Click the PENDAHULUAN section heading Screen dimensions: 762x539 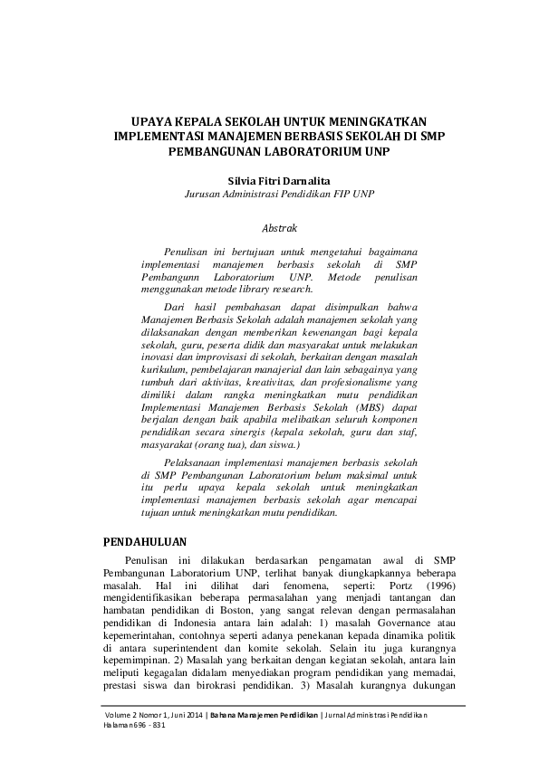click(145, 541)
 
